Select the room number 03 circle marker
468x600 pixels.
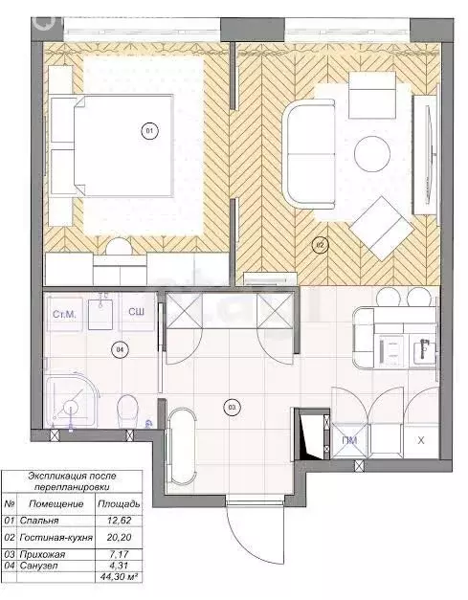pos(230,406)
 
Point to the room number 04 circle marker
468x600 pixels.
pos(120,349)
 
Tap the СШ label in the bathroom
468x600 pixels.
pos(137,313)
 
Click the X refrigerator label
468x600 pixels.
pos(422,439)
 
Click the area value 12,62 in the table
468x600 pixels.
pos(120,521)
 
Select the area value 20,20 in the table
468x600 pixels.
pos(120,539)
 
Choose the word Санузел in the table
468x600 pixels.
pos(37,565)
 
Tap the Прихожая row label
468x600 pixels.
pos(41,553)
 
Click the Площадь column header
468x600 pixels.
pos(120,502)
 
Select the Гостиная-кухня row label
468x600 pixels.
pos(56,539)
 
